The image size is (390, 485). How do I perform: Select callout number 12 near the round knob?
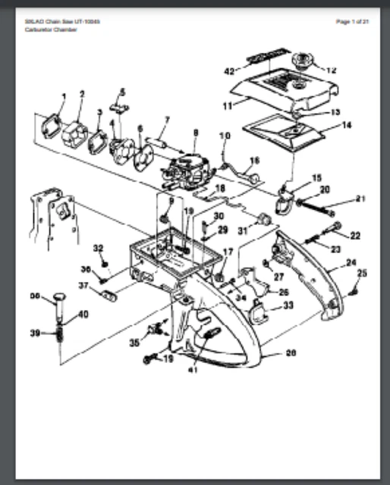coord(331,70)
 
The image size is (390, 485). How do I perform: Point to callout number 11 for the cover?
coord(228,106)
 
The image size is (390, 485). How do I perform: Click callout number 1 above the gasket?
coord(63,95)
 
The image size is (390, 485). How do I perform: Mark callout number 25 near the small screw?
coord(362,273)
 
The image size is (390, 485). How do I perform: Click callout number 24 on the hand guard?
coord(351,264)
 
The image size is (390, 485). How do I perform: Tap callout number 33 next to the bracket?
coord(288,305)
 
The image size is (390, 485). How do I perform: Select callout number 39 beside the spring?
coord(34,333)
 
